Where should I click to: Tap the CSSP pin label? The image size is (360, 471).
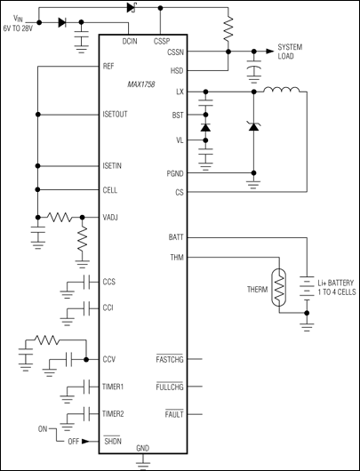click(162, 42)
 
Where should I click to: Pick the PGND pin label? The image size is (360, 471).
click(173, 172)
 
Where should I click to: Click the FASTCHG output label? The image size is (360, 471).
click(169, 359)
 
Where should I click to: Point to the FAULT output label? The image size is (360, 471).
click(173, 415)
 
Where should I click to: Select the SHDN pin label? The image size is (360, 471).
click(113, 441)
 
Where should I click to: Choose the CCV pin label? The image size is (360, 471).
click(110, 360)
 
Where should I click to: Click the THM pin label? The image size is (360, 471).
click(176, 259)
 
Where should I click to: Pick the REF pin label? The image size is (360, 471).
click(109, 66)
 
